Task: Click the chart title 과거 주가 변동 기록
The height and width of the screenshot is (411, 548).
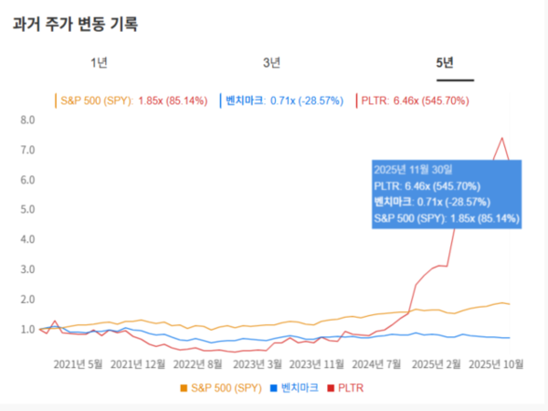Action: pyautogui.click(x=75, y=24)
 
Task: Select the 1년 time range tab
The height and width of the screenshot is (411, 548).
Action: pyautogui.click(x=100, y=62)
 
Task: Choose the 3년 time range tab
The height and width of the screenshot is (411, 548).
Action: pyautogui.click(x=271, y=62)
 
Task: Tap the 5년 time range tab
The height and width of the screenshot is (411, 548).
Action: pyautogui.click(x=445, y=62)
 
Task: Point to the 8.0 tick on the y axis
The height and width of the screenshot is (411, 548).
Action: pyautogui.click(x=26, y=120)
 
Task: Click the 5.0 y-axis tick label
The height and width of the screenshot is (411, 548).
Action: pyautogui.click(x=26, y=209)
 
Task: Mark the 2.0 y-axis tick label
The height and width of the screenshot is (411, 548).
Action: pyautogui.click(x=26, y=300)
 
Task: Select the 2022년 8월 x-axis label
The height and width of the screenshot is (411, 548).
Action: pyautogui.click(x=198, y=364)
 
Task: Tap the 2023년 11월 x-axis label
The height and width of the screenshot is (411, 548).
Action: pyautogui.click(x=315, y=364)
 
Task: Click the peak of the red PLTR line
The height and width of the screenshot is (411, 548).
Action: pyautogui.click(x=501, y=138)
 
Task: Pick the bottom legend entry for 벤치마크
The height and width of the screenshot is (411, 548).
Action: pyautogui.click(x=298, y=388)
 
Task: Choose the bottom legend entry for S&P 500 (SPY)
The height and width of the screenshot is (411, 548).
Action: pyautogui.click(x=224, y=388)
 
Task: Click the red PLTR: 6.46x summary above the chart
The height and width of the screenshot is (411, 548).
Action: pyautogui.click(x=421, y=100)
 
